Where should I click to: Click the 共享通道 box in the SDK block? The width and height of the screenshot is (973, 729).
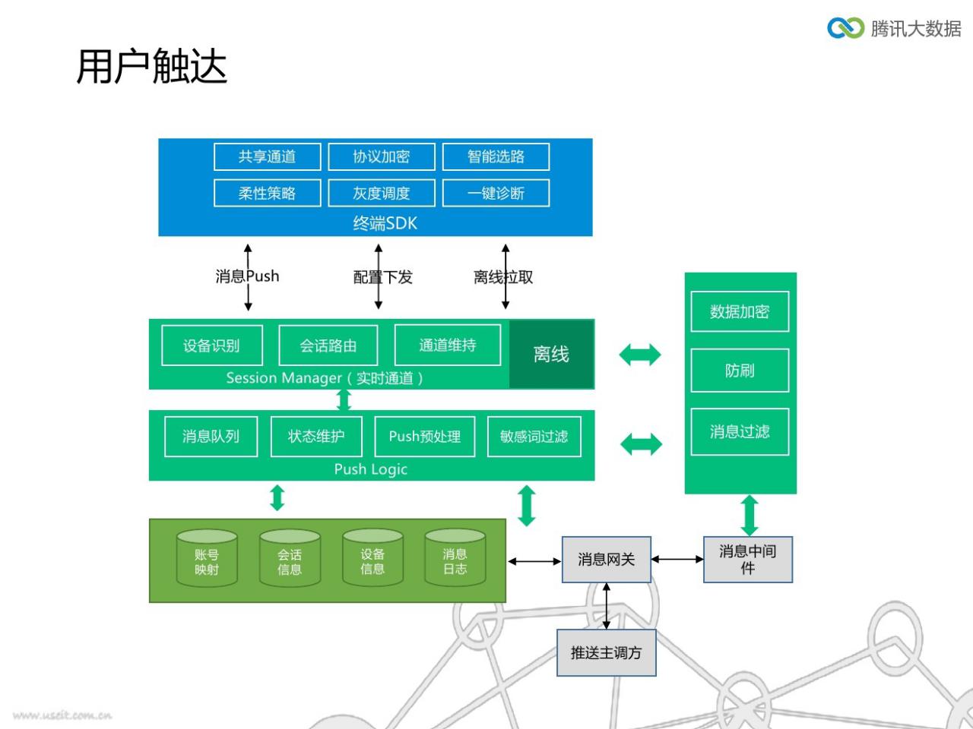(x=268, y=156)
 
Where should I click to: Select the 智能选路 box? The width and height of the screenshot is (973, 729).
(x=496, y=156)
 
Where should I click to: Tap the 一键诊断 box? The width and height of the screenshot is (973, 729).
(x=496, y=193)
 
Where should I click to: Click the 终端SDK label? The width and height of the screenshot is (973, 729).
(x=385, y=223)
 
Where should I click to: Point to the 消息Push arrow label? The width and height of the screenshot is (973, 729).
(x=247, y=276)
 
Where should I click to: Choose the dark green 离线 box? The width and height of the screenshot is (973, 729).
(x=551, y=354)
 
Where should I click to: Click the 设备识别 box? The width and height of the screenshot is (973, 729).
(x=212, y=346)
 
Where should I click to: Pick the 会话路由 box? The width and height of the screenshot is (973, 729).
(x=328, y=346)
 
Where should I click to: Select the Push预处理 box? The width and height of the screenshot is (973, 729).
(x=425, y=437)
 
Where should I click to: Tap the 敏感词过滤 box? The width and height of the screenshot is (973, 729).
(x=534, y=437)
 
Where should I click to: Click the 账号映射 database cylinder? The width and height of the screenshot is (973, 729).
(x=207, y=558)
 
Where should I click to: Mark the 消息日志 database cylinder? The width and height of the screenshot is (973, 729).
(x=455, y=558)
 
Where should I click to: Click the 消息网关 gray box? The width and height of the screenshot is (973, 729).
(x=607, y=560)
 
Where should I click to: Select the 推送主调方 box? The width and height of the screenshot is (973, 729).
(x=607, y=652)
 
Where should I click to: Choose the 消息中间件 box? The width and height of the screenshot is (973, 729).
(x=748, y=560)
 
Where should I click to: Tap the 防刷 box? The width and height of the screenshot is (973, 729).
(x=740, y=371)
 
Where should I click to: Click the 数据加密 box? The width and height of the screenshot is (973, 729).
(x=740, y=311)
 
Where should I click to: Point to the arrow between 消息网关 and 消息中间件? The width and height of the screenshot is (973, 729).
(x=677, y=560)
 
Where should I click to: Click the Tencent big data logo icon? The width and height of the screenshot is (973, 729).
(x=846, y=28)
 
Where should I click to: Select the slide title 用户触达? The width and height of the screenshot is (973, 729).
(x=151, y=66)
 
